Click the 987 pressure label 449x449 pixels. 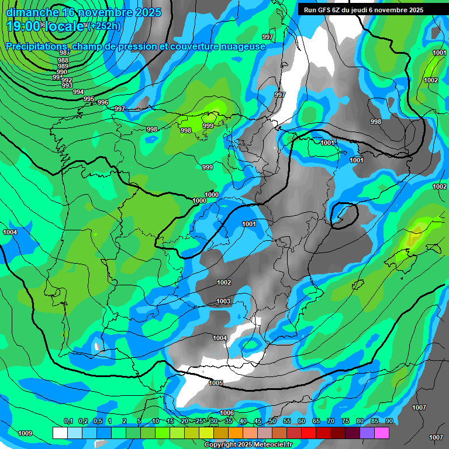point(64,53)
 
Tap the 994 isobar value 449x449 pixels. point(78,92)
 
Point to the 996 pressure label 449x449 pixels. point(103,102)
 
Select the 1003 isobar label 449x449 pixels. point(223,302)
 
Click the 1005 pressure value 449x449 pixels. point(216,383)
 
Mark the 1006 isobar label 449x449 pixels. point(227,413)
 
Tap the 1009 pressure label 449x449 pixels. point(25,433)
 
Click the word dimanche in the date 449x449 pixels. point(32,12)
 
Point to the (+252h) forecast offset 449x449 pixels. point(103,26)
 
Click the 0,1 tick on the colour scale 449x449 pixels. point(68,422)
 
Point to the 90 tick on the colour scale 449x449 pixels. point(389,422)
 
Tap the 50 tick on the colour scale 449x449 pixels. point(272,422)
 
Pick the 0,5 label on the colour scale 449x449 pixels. point(98,422)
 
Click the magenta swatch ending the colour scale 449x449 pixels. point(382,433)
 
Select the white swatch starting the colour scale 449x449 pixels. point(60,433)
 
